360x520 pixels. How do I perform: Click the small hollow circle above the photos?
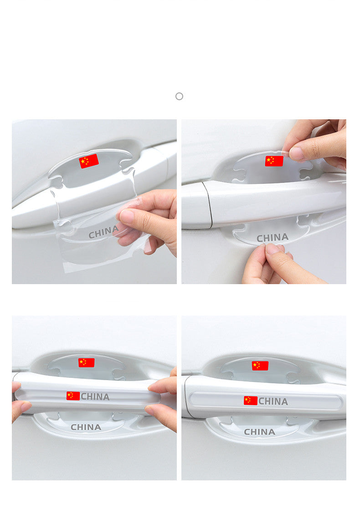tap(179, 96)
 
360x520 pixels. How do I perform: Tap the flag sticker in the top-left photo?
tap(89, 161)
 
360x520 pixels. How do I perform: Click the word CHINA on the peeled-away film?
tap(103, 232)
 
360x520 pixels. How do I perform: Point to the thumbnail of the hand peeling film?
tap(126, 216)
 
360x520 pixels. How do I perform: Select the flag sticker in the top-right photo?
tap(274, 161)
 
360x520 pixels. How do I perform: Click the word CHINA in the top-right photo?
tap(273, 237)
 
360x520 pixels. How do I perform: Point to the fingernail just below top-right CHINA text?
tap(272, 249)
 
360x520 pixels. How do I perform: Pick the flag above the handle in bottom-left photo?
tap(86, 362)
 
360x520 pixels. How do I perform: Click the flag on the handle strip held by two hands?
tap(73, 396)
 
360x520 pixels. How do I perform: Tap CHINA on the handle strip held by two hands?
tap(95, 396)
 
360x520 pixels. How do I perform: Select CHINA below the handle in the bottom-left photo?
tap(86, 427)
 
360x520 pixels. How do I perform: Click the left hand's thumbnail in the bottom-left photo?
tap(26, 407)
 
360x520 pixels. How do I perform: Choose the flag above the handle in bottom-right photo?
tap(260, 366)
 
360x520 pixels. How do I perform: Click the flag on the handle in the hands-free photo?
tap(251, 400)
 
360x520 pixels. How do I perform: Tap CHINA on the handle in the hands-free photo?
tap(273, 401)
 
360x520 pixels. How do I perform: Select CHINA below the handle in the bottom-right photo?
tap(259, 432)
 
